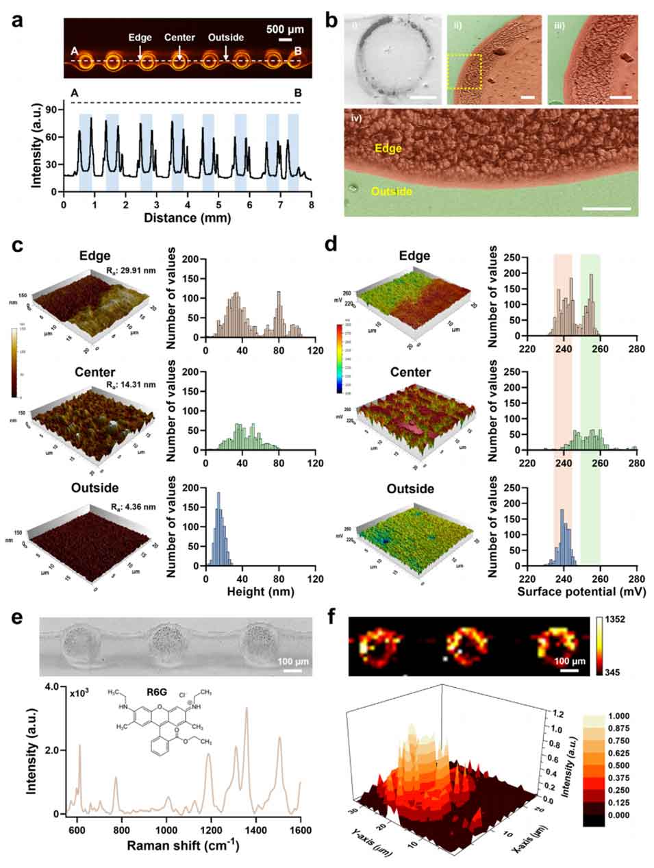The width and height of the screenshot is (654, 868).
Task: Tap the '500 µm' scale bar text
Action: [285, 29]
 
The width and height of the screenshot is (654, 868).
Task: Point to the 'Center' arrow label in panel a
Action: [179, 38]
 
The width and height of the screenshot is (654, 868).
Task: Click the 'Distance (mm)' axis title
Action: [188, 218]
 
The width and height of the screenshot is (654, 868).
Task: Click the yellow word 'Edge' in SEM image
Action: [388, 147]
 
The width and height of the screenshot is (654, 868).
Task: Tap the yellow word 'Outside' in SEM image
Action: [392, 192]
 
